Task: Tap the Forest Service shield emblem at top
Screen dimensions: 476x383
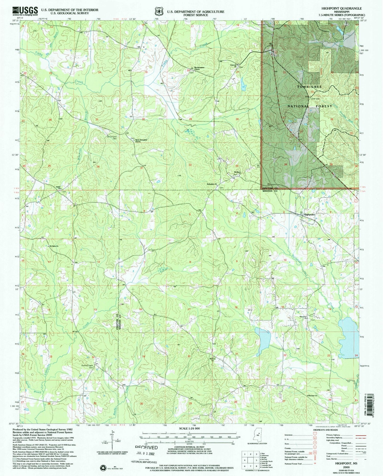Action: tap(158, 11)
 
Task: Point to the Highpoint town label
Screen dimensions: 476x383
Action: tap(309, 215)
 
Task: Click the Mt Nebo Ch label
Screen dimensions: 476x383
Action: tap(54, 246)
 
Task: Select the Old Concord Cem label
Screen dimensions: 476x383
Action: tap(112, 138)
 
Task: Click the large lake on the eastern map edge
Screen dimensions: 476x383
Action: tap(349, 337)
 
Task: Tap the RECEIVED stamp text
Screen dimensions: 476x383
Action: tap(146, 447)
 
